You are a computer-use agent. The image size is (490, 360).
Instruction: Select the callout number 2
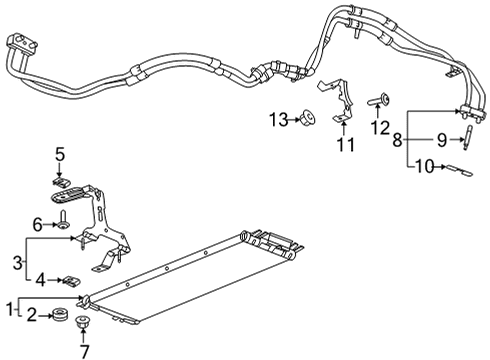click(x=32, y=316)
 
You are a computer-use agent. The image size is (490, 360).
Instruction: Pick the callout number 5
click(x=59, y=155)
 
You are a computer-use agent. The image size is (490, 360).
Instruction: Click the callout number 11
click(x=346, y=146)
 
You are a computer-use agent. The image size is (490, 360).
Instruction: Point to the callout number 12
click(x=379, y=127)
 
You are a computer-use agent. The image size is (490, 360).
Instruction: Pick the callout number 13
click(x=277, y=120)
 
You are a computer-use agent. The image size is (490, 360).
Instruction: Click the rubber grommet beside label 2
click(x=59, y=318)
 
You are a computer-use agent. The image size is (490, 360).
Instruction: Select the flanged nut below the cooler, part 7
click(x=82, y=324)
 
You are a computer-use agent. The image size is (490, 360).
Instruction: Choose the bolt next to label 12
click(x=381, y=100)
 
